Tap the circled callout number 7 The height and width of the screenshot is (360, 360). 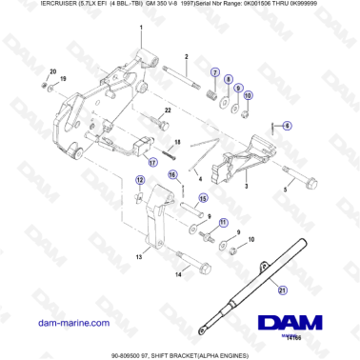click(215, 73)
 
